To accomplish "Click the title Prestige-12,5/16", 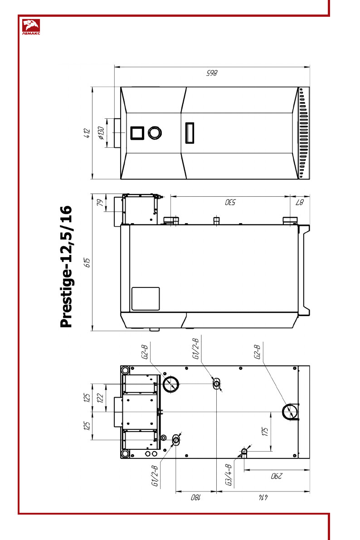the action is coord(66,267).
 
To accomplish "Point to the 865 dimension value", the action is coord(212,73).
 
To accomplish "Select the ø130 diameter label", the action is coord(101,133).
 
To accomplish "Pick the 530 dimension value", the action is coord(230,202).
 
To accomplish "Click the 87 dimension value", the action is coord(300,202).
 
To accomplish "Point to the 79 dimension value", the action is coord(100,203).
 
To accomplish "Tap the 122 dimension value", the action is coord(100,398).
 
